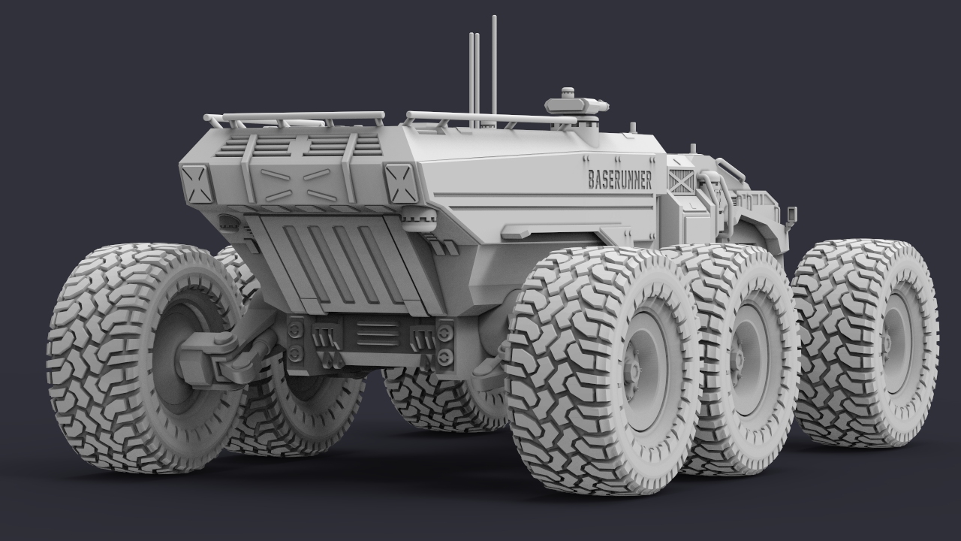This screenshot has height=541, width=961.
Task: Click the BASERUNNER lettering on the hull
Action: [620, 180]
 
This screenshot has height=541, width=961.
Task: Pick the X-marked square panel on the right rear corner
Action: [401, 183]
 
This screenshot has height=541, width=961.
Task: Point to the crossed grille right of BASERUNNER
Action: [681, 180]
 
